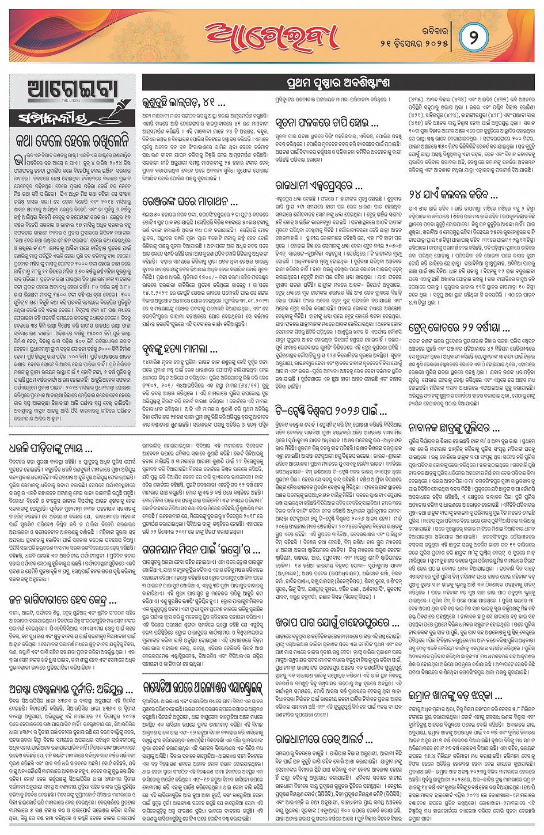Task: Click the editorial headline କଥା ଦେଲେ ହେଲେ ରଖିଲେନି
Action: click(x=72, y=141)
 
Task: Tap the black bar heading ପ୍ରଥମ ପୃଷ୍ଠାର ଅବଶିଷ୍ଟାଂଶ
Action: click(x=337, y=82)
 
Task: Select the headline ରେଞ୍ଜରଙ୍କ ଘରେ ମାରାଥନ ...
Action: click(x=189, y=202)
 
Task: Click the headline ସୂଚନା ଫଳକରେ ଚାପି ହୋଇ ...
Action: click(x=326, y=122)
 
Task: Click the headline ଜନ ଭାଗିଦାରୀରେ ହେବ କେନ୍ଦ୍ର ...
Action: click(x=58, y=599)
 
